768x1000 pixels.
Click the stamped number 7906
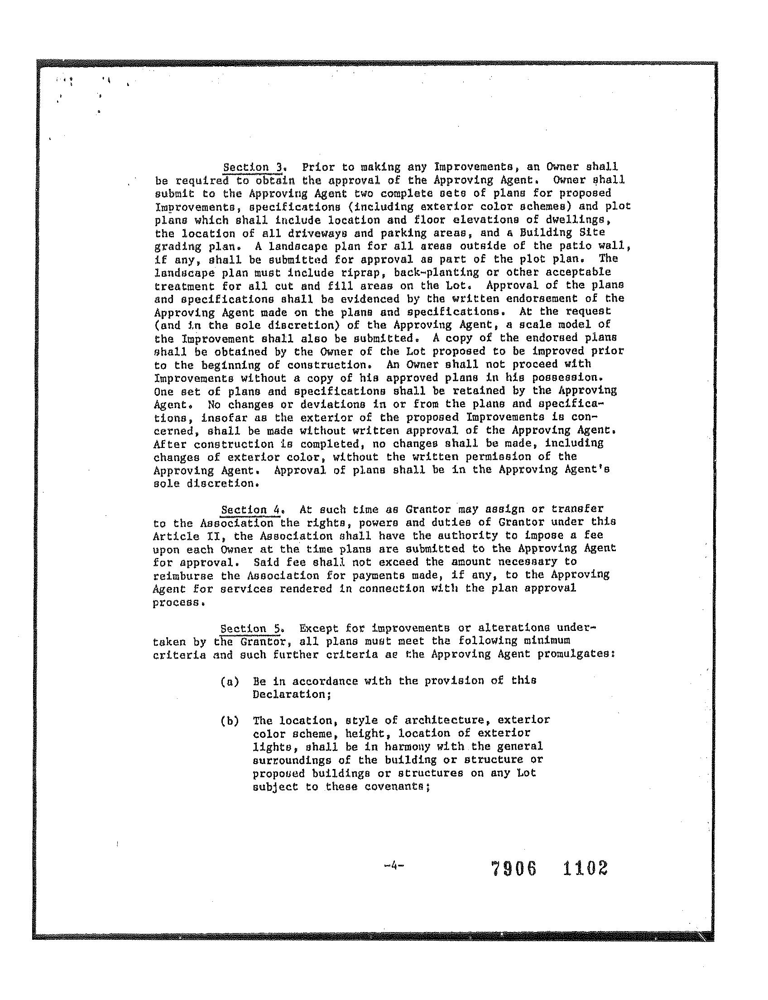tap(514, 868)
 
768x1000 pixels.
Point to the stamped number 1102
tap(585, 867)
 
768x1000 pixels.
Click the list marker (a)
tap(230, 682)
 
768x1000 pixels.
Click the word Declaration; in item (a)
tap(292, 694)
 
